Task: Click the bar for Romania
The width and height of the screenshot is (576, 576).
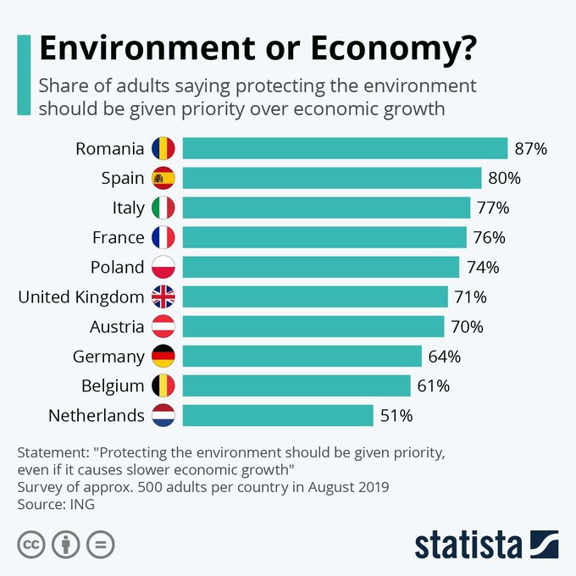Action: coord(345,149)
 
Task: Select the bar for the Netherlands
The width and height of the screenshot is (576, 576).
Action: coord(278,416)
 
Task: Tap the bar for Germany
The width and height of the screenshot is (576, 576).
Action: coord(302,357)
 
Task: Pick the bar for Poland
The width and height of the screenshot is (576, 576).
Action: coord(321,268)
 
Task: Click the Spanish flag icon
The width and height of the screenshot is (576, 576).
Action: coord(163,179)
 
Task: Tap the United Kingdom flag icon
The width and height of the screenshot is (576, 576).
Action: coord(163,297)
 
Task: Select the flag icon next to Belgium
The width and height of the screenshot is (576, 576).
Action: coord(163,386)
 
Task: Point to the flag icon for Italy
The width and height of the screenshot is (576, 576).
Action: coord(163,208)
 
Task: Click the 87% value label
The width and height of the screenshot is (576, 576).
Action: coord(531,149)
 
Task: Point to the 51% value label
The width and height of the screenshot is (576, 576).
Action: coord(396,416)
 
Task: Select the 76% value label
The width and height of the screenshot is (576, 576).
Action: coord(490,238)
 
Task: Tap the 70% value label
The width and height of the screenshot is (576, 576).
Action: coord(467,327)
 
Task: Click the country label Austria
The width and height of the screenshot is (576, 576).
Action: coord(117,327)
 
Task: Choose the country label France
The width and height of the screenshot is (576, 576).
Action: coord(119,238)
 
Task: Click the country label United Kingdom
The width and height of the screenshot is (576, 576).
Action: coord(81,297)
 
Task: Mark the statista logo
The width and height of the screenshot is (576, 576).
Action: coord(486,544)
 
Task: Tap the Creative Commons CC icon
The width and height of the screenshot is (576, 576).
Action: coord(31,544)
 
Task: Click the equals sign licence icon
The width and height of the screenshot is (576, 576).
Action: coord(100,544)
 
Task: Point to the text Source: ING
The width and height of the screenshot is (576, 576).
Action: coord(56,504)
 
